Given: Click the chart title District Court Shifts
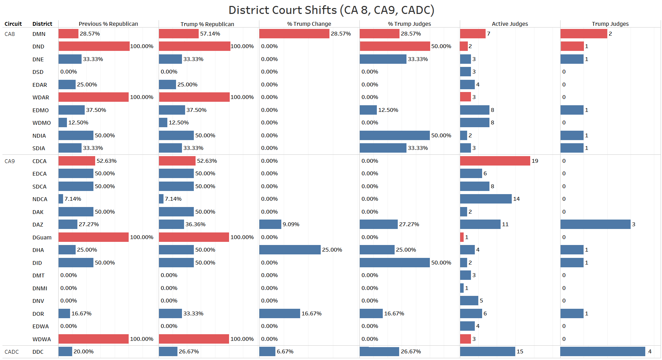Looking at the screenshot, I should (331, 10).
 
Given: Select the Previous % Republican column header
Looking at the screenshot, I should (108, 24).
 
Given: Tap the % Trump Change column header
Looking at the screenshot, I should (309, 24).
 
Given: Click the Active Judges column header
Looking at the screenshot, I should (510, 24).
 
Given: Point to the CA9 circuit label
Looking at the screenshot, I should (10, 161).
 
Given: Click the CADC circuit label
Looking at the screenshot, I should (12, 352).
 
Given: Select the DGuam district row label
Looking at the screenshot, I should (42, 237).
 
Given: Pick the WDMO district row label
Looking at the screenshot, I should (41, 123).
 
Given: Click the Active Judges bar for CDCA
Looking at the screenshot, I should (495, 161).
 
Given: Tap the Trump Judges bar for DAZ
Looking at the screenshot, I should (595, 224).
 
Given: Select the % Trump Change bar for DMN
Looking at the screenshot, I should (294, 33).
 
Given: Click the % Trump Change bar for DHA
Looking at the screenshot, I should (290, 250).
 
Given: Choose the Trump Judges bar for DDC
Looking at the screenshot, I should (602, 351).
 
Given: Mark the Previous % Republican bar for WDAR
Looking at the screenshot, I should (93, 97).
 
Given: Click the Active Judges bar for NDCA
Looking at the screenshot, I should (486, 199).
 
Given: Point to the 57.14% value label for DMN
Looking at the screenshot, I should (210, 33).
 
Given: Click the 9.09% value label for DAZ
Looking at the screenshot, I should (291, 224).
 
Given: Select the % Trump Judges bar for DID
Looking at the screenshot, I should (394, 262).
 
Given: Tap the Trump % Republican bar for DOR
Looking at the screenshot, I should (170, 313).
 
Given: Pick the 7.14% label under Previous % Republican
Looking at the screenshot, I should (73, 199).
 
